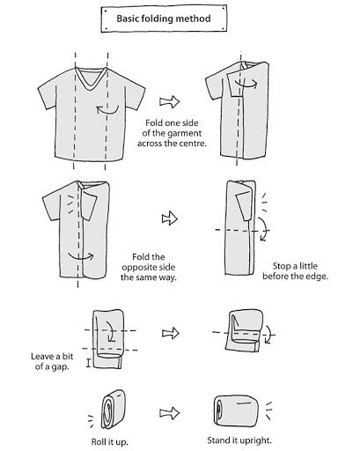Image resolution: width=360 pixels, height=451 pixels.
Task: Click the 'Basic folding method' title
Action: [164, 18]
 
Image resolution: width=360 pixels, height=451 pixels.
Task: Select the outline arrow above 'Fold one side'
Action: [169, 101]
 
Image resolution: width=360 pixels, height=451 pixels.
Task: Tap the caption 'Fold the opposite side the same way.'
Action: [149, 267]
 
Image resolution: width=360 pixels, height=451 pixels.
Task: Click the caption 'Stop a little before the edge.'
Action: [295, 271]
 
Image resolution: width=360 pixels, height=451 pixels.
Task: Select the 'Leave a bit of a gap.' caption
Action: [52, 361]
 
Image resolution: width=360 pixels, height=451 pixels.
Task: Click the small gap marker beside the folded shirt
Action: [88, 363]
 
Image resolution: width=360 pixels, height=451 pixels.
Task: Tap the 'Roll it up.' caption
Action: [109, 441]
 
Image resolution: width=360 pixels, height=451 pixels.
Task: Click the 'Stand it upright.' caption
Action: [239, 440]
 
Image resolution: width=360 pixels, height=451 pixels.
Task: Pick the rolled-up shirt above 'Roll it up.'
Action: [113, 410]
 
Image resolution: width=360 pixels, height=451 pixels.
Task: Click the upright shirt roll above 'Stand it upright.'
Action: [237, 410]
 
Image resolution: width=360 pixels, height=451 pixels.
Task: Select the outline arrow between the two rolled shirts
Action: [170, 413]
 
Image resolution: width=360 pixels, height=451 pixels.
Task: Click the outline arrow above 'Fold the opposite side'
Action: [170, 218]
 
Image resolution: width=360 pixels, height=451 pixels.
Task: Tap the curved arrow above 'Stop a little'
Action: [264, 229]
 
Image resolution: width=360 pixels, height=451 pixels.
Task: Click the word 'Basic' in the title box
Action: [128, 18]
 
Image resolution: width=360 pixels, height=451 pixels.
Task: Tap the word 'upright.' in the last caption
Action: [254, 440]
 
